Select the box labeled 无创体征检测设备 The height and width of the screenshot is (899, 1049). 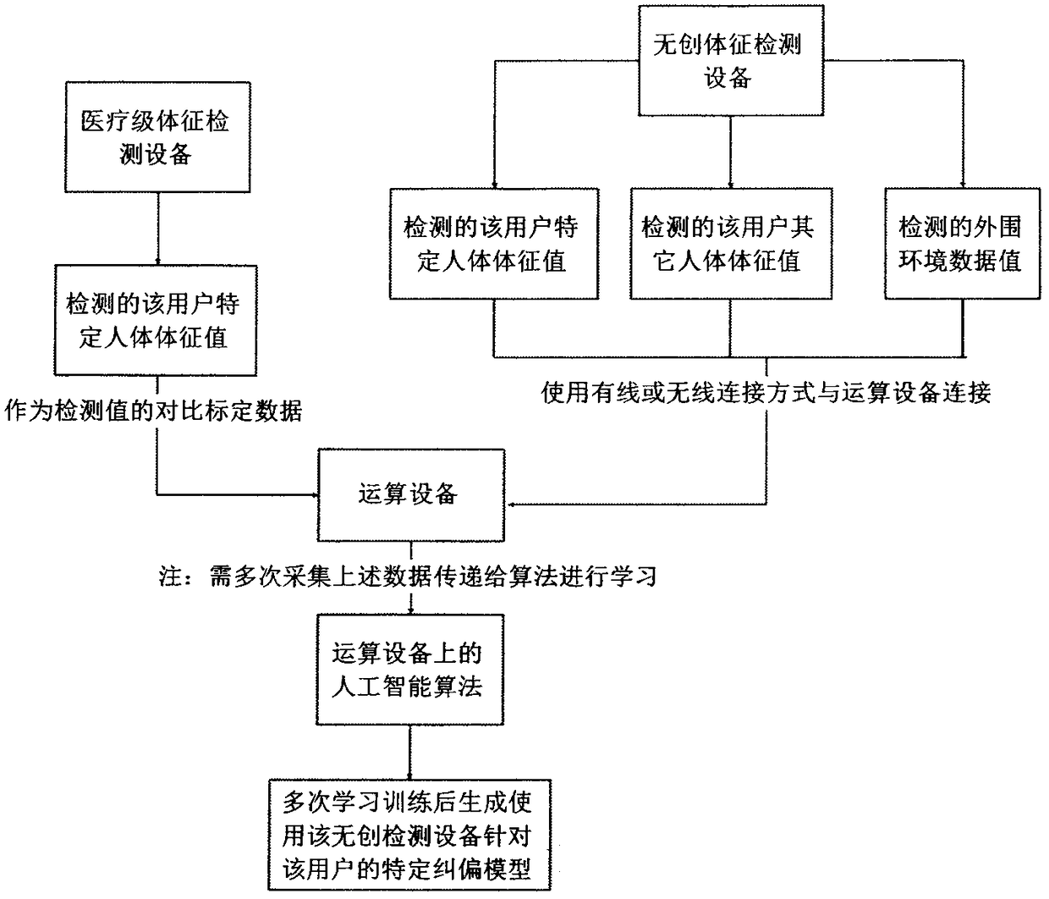click(x=728, y=61)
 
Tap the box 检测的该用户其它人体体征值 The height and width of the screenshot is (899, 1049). click(x=728, y=244)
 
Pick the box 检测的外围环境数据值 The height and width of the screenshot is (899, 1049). click(x=959, y=244)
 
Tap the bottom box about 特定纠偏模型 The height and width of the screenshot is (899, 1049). click(x=409, y=835)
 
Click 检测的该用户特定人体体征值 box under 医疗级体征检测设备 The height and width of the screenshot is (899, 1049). click(x=154, y=320)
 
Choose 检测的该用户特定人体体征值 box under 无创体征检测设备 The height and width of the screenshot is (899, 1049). click(x=492, y=244)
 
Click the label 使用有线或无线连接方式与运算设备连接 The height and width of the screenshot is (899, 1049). click(x=766, y=393)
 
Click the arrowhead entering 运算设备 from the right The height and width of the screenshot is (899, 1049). click(x=512, y=505)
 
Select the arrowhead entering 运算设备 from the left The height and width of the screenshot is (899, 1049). click(x=311, y=493)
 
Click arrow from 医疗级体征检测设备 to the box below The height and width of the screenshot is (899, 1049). click(x=157, y=229)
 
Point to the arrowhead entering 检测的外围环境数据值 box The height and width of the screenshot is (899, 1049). click(x=964, y=183)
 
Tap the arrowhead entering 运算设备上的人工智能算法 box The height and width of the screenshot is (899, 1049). click(x=410, y=609)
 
